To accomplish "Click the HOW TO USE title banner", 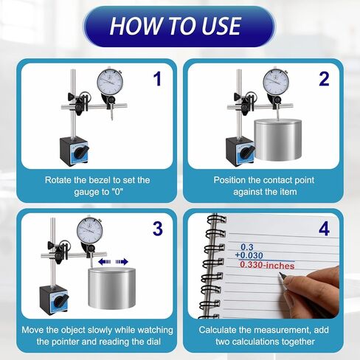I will pos(180,27).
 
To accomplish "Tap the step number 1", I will pos(156,79).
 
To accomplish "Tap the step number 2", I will pos(323,79).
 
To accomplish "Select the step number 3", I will pos(156,229).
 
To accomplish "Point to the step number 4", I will pos(325,229).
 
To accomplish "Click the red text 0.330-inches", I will pos(267,266).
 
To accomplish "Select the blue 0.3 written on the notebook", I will pos(246,246).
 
